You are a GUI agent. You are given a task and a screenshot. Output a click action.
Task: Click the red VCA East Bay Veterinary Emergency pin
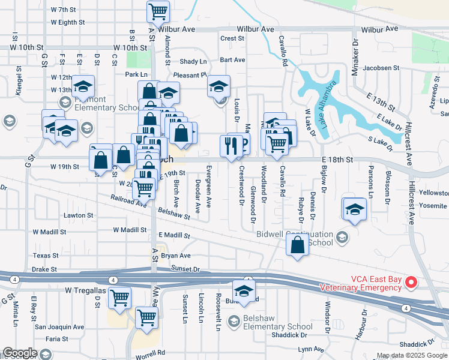tap(411, 281)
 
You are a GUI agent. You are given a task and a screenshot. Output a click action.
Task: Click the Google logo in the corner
tap(20, 353)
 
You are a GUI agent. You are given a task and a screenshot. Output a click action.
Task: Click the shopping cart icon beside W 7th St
tap(158, 10)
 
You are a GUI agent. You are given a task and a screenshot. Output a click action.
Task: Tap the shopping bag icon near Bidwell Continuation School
tap(298, 244)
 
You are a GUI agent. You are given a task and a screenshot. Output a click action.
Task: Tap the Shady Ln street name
tap(193, 62)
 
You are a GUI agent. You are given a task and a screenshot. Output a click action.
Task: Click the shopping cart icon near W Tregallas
tap(120, 296)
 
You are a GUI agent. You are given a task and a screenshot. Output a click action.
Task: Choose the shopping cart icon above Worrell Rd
tap(146, 317)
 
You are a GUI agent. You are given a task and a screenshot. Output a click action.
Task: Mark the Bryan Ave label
tap(175, 256)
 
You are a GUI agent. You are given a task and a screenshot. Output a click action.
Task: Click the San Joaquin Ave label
tap(59, 327)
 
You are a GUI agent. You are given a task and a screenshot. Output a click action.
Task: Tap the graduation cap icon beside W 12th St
tap(83, 85)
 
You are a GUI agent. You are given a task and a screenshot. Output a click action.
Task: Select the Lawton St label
tap(79, 215)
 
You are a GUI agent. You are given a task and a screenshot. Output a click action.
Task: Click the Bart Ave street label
tap(232, 60)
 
